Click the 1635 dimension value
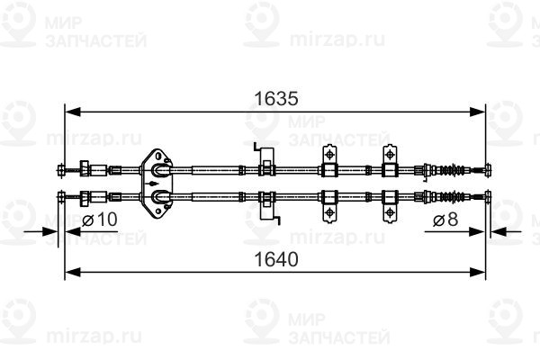pos(276,99)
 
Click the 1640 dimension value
pos(276,259)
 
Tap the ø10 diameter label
pos(100,220)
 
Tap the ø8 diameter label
pos(445,220)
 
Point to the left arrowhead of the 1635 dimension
pos(73,112)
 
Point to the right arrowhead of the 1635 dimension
pos(477,112)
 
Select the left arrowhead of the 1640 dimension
pos(73,272)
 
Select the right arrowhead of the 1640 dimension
pos(477,272)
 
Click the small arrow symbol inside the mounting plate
pos(154,184)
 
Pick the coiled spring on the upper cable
pos(451,169)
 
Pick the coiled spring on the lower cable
pos(451,197)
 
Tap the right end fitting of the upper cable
pos(488,169)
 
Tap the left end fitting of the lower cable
pos(61,197)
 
